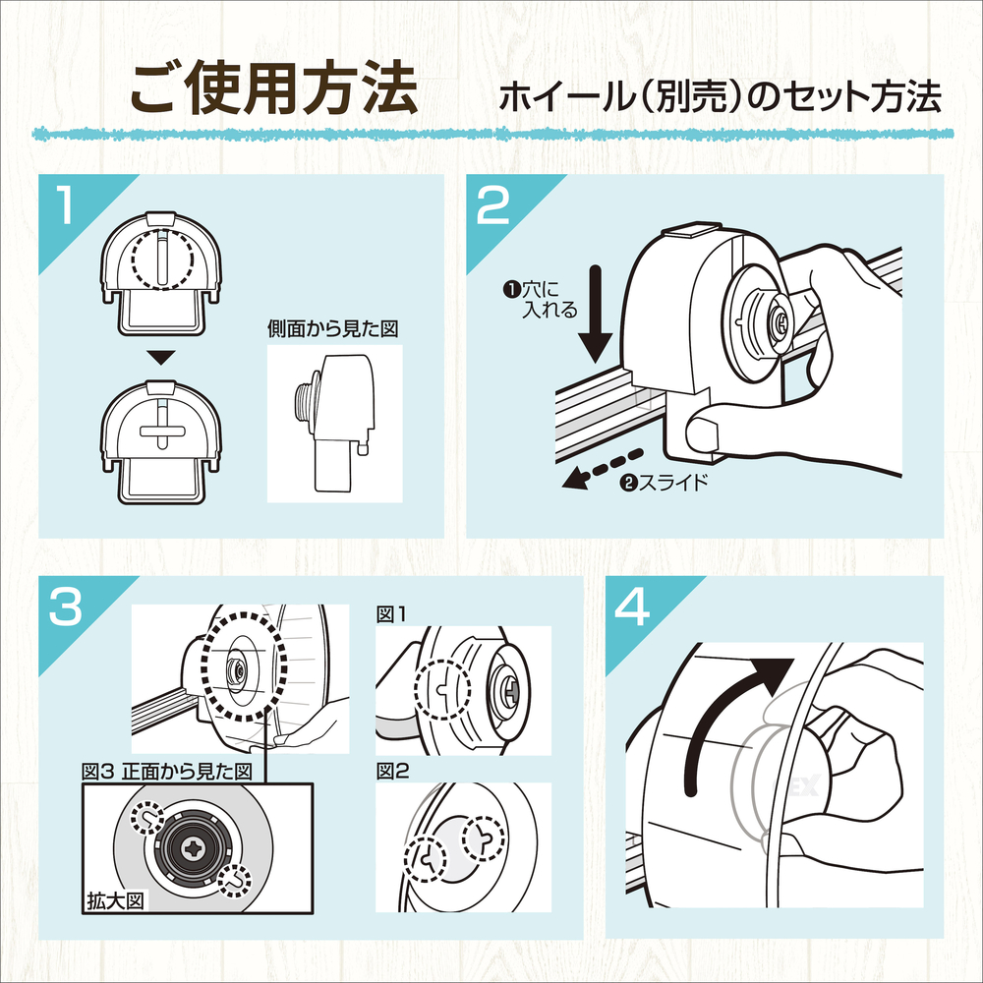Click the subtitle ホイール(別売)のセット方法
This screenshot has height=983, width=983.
[721, 98]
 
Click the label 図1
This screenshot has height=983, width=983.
[392, 614]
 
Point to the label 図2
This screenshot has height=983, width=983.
[392, 773]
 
